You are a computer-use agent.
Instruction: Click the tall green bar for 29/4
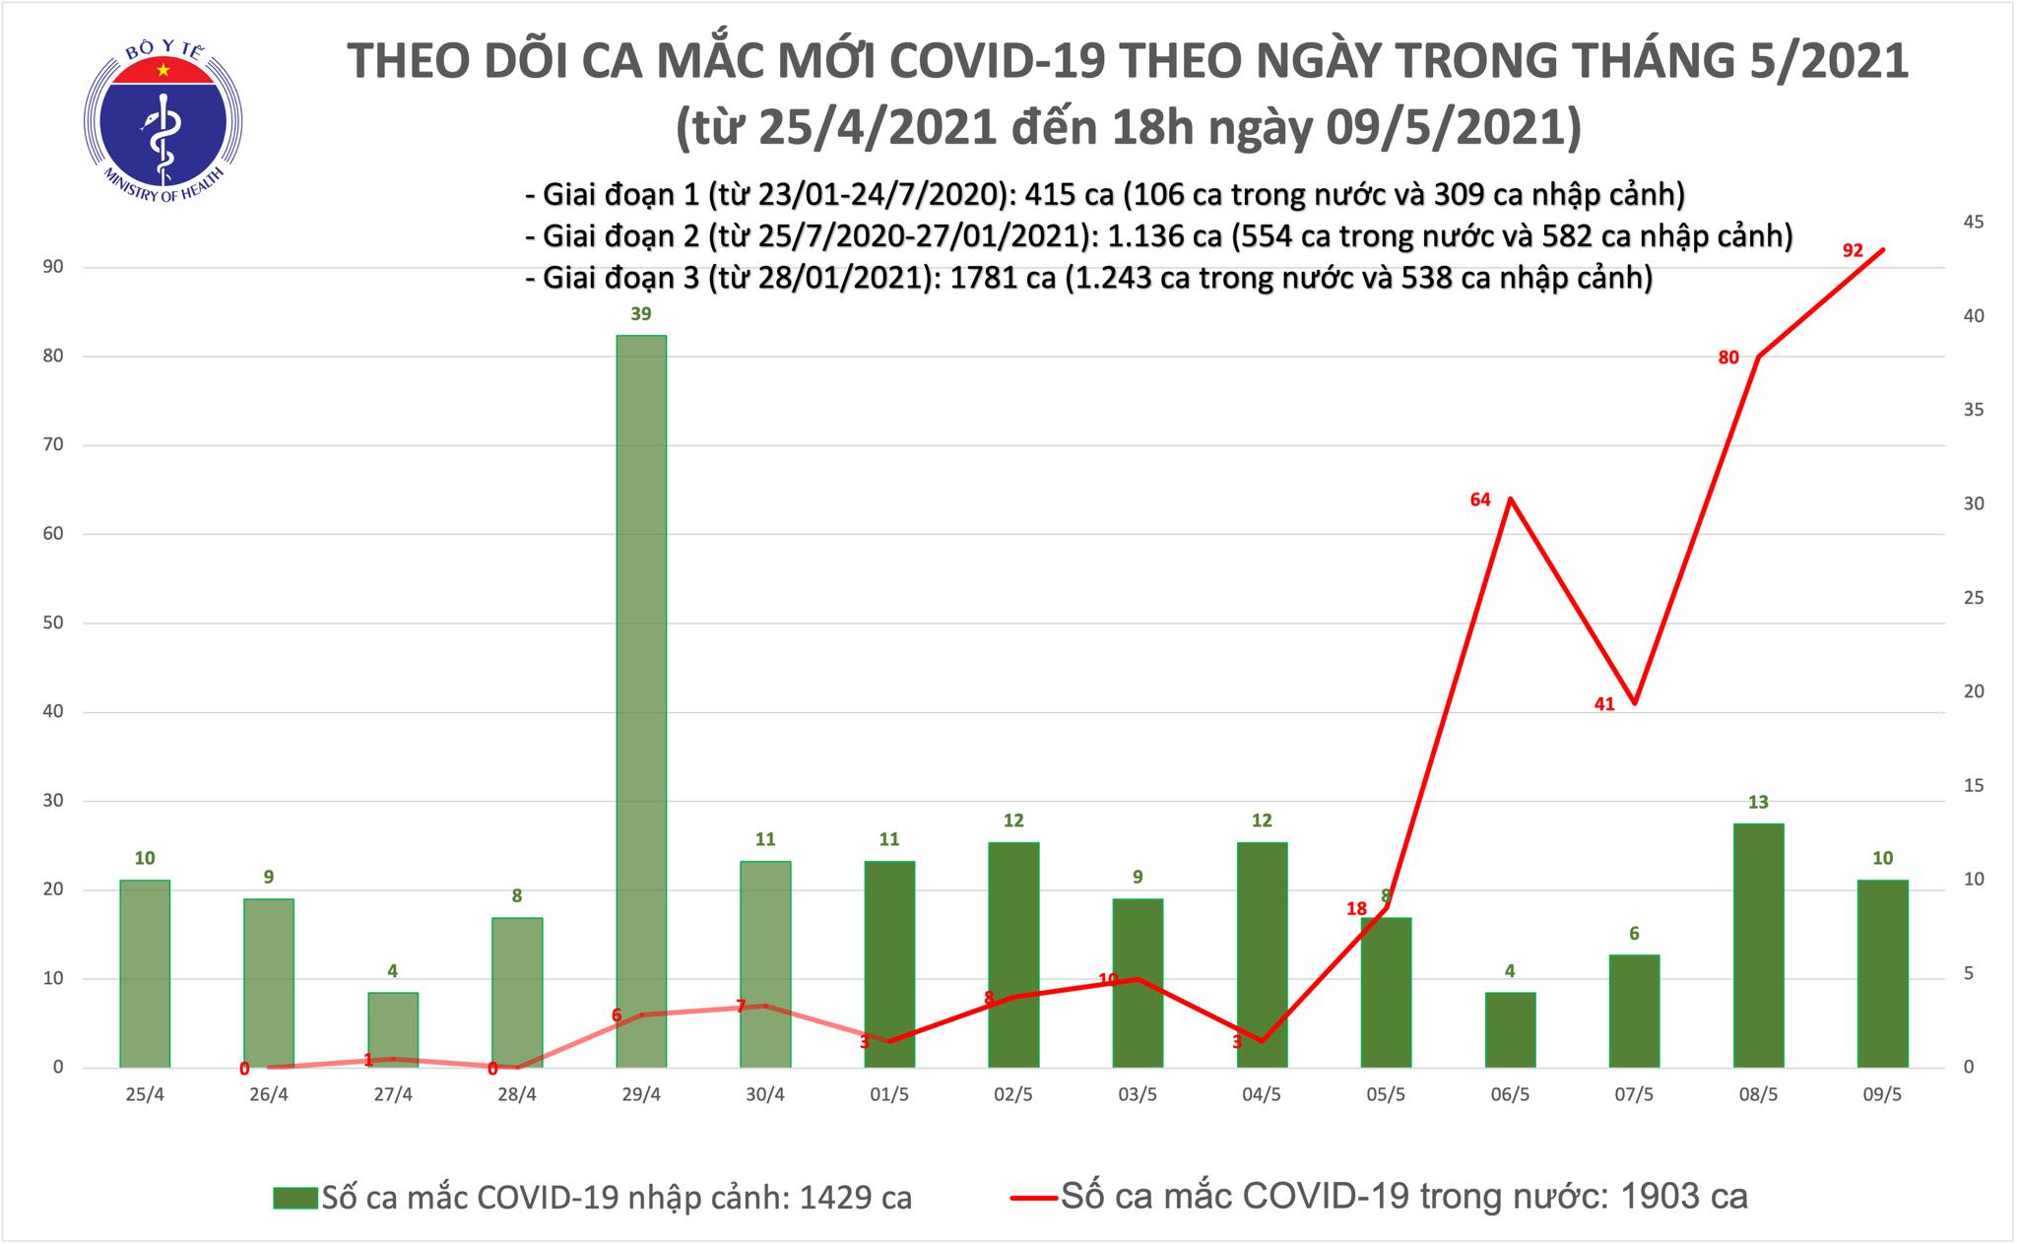(x=641, y=699)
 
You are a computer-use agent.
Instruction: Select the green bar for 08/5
(x=1758, y=946)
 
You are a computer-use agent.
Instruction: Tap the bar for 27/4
(x=393, y=1029)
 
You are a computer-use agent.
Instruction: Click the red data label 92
(x=1853, y=250)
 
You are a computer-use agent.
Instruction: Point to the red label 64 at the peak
(x=1480, y=499)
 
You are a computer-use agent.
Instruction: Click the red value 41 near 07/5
(x=1604, y=703)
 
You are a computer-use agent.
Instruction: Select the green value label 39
(x=641, y=314)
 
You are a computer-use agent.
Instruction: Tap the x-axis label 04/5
(x=1262, y=1095)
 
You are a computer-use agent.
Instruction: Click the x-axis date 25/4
(x=145, y=1095)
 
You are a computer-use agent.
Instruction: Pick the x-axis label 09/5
(x=1882, y=1095)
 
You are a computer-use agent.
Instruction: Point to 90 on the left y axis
(x=53, y=267)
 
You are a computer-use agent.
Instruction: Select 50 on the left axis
(x=53, y=622)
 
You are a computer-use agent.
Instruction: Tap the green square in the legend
(x=295, y=1198)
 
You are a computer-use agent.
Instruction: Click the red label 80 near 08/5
(x=1728, y=358)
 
